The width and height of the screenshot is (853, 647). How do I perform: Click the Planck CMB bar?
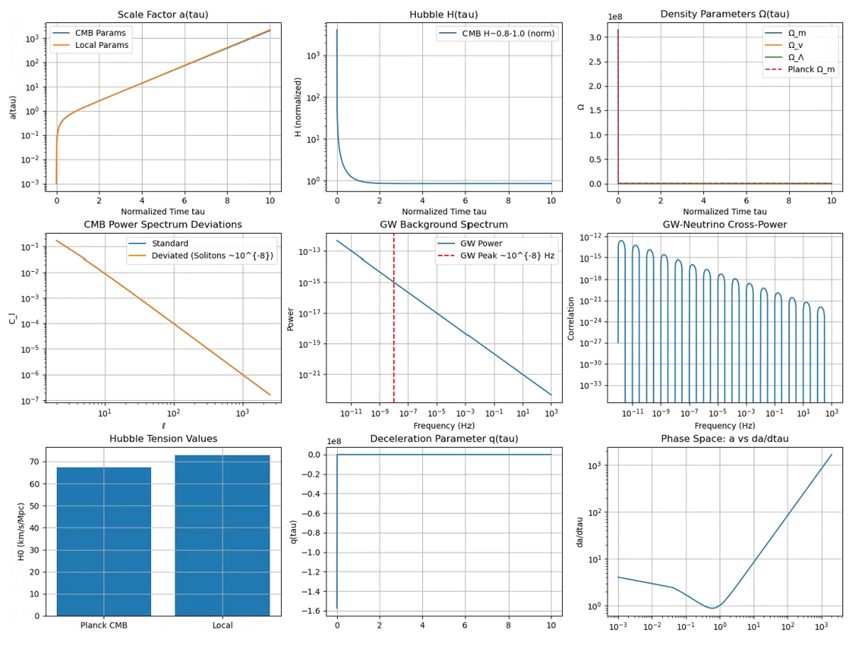[104, 541]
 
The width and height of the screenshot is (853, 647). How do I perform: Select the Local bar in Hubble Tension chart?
[222, 536]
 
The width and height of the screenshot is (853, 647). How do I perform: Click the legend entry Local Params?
[101, 45]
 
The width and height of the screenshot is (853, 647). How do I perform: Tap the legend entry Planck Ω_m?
[811, 69]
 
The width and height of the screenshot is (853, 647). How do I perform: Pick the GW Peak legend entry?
[507, 256]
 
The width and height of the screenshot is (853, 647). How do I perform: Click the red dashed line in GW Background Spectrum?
[394, 327]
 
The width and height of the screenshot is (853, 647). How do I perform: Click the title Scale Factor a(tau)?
[163, 15]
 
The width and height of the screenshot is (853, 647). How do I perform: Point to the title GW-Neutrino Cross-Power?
[725, 225]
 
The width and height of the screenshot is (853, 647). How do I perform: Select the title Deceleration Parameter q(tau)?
[444, 438]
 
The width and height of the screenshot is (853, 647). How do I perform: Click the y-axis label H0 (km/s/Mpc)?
[21, 531]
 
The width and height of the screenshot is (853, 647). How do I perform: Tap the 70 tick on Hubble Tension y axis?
[35, 462]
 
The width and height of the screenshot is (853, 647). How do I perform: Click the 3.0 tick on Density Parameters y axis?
[595, 37]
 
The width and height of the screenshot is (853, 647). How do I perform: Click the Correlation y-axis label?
[571, 318]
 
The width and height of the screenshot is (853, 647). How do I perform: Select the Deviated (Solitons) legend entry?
[212, 256]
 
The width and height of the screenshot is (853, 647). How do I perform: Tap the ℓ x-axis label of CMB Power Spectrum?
[164, 426]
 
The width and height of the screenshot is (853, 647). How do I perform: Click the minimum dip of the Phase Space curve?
[713, 608]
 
